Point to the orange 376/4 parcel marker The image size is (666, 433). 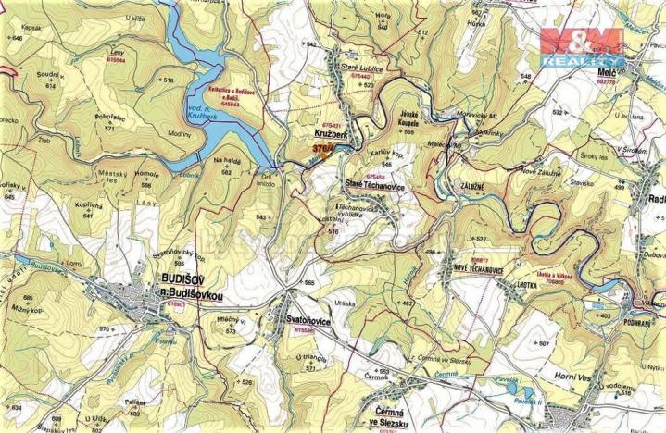point(324,147)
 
